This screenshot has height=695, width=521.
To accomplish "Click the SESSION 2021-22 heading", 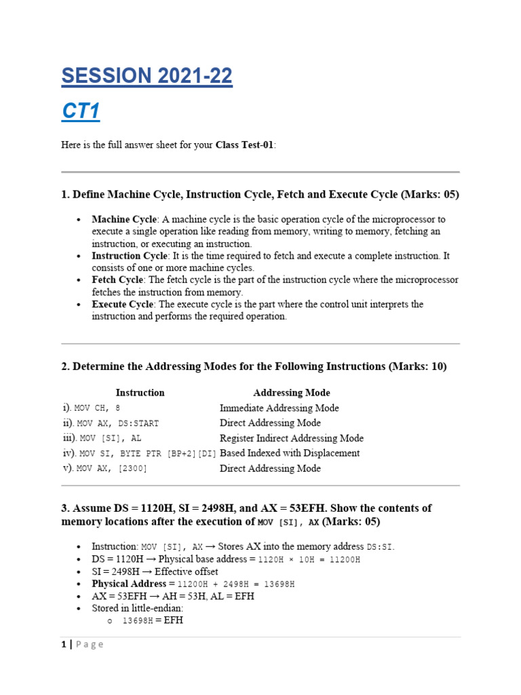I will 147,77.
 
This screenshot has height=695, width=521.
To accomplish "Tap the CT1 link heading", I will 81,112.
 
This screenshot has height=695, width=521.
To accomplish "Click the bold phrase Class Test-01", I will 245,146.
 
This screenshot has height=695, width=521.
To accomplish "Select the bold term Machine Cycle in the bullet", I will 124,219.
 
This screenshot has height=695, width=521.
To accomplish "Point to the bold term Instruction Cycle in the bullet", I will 130,256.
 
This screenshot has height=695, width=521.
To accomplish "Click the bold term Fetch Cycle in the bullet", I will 118,280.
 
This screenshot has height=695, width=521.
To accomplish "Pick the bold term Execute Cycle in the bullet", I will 123,305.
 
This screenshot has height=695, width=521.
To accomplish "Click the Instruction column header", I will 140,392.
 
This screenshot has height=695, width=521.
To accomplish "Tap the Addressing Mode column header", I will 292,392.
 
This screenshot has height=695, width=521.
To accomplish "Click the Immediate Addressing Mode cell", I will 279,408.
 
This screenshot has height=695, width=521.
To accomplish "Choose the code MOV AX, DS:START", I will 119,424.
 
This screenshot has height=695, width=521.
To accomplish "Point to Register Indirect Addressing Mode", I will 291,438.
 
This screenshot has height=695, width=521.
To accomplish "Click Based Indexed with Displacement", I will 290,453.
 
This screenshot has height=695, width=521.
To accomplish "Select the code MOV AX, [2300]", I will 112,468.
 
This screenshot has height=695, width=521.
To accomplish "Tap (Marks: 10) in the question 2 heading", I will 418,367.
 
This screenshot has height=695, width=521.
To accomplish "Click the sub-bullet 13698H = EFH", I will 153,620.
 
